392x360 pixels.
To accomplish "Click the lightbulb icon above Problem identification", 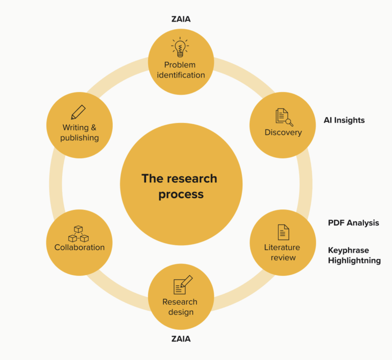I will point(180,48).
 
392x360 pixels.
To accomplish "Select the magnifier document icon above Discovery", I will point(284,116).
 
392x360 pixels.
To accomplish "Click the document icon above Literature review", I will point(283,232).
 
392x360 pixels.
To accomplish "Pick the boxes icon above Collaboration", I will point(79,233).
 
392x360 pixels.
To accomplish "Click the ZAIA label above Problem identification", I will point(181,19).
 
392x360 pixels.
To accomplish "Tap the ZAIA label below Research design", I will point(180,339).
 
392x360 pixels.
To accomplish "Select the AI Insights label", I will point(344,121).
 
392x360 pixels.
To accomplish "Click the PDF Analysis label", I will point(353,223).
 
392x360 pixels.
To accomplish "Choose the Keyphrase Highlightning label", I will point(354,255).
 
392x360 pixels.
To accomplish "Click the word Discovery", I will point(283,133).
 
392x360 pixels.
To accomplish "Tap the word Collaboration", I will point(79,248).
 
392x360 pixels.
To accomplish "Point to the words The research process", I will point(180,186).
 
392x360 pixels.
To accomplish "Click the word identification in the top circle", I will point(181,75).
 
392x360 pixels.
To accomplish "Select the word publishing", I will point(79,138).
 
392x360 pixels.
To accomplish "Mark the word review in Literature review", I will point(283,257).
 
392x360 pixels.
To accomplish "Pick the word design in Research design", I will point(181,312).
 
